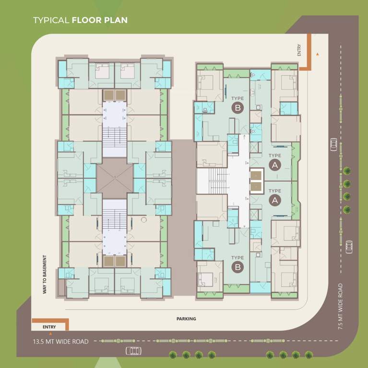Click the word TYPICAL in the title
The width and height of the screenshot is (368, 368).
(51, 20)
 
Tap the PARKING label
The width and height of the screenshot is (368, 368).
(186, 319)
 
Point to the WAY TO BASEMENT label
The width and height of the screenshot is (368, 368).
(45, 274)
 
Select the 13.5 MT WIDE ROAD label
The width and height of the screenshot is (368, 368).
(60, 342)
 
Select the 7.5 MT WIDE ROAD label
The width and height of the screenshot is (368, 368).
(340, 306)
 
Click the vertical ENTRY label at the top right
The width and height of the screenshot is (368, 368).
(299, 50)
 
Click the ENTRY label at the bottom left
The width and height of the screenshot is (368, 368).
(49, 327)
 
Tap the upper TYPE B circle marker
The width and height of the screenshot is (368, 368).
(237, 108)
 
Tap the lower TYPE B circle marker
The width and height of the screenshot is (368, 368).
(237, 267)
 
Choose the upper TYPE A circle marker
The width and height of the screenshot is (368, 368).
(275, 165)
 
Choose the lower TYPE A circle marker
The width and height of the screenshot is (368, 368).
(275, 200)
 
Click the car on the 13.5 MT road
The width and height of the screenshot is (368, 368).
(133, 351)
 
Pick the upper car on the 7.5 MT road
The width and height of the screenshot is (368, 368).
(333, 144)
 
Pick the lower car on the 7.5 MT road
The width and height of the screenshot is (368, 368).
(349, 246)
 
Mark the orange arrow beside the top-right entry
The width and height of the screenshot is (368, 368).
(317, 54)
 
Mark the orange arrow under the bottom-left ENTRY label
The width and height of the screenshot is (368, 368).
(50, 333)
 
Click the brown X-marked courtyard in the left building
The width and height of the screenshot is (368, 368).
(115, 178)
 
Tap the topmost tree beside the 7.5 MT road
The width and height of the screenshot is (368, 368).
(346, 170)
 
